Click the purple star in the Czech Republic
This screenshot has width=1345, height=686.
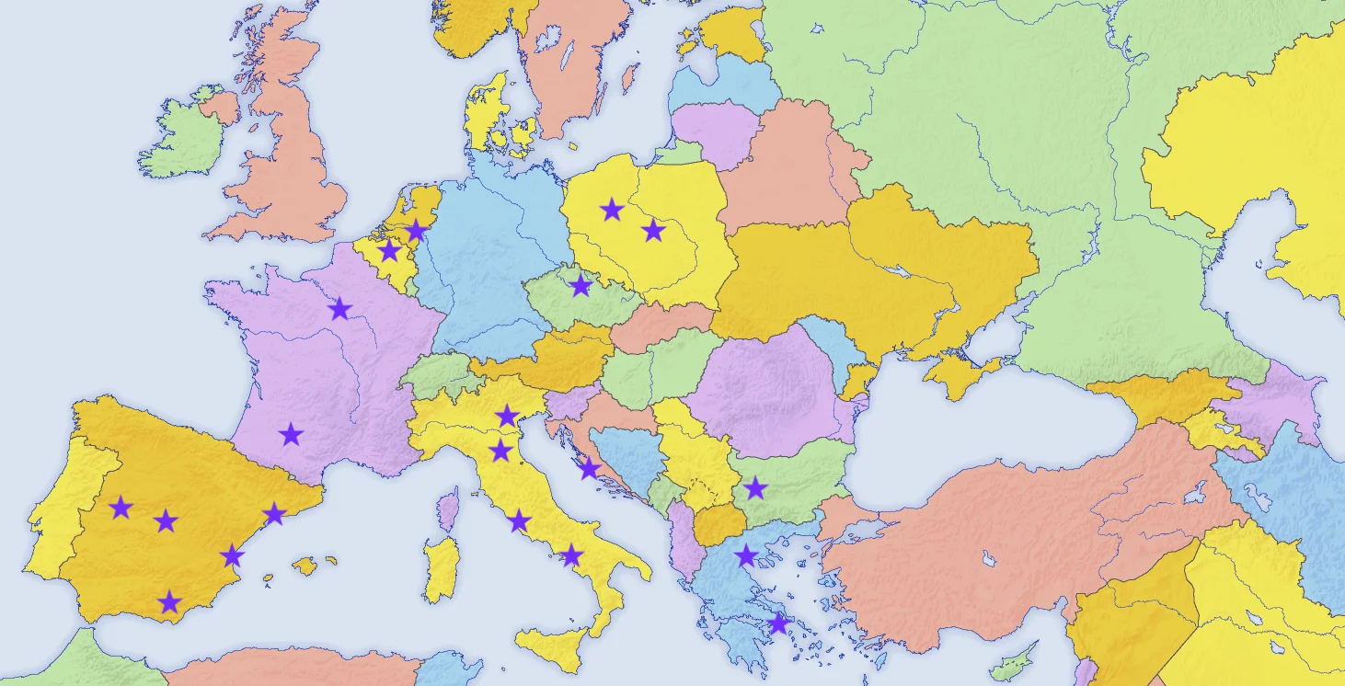(581, 286)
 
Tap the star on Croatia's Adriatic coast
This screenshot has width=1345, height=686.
(589, 471)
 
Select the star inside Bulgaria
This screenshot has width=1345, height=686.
(755, 488)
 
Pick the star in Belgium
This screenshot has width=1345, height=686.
(390, 251)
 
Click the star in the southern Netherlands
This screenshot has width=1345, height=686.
(416, 230)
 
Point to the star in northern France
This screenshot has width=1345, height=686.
(340, 309)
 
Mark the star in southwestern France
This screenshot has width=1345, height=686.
(292, 435)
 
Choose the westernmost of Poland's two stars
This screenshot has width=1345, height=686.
(612, 211)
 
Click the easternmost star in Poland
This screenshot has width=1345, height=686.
(653, 231)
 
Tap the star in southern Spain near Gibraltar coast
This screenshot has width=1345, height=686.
(169, 603)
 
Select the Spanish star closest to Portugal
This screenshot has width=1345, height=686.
(121, 508)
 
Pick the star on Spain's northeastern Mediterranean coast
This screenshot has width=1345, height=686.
(274, 514)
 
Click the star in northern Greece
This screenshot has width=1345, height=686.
(746, 555)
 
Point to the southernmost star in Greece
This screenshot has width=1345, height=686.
(778, 624)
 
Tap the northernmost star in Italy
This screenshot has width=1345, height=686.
(507, 417)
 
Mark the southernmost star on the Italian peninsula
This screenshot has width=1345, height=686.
(571, 555)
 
